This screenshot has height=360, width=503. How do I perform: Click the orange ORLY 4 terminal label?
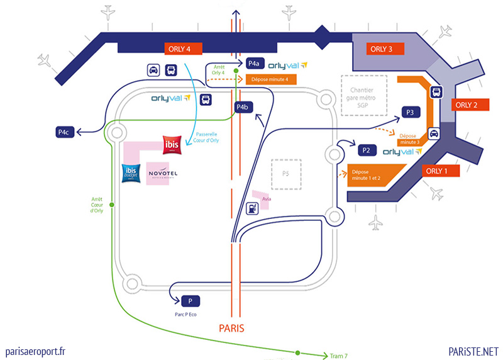pos(180,48)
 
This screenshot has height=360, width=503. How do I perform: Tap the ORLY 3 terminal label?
pos(382,48)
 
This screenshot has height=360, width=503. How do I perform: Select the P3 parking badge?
pos(410,112)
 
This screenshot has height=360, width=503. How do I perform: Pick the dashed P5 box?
pos(286,174)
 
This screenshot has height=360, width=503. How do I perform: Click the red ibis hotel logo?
pos(172,145)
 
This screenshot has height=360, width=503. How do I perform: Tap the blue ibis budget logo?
pos(131,172)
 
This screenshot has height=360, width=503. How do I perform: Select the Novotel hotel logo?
pos(163,173)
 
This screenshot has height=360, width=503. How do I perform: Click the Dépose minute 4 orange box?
pos(269,79)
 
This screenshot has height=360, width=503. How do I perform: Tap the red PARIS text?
pos(231,328)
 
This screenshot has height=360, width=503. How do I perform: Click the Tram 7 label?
pos(339,356)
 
